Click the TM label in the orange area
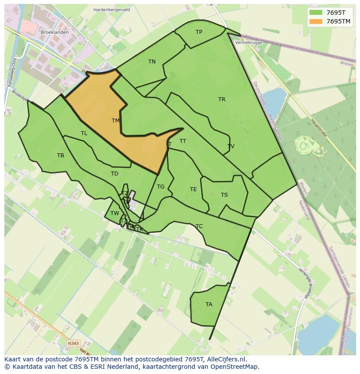115,121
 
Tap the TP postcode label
199,32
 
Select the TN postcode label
152,62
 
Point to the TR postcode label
222,99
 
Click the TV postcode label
231,146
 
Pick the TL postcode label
84,133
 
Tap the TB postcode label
60,156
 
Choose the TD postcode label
114,174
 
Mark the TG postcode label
160,187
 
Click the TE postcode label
193,189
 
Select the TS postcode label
224,195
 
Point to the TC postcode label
199,226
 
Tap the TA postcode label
209,304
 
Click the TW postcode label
114,213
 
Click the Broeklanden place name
54,33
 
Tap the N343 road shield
73,343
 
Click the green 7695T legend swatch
315,13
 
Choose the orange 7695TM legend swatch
315,21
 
